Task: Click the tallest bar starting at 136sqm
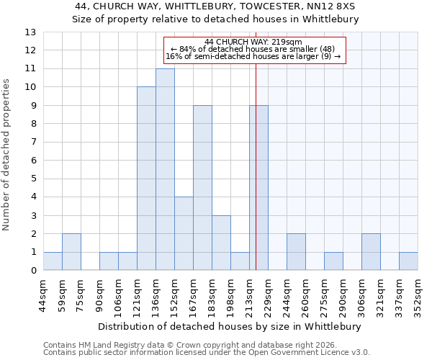165,170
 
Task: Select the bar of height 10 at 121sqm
146,179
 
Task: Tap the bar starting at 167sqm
202,188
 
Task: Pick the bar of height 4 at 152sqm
184,234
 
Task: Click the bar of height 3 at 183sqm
221,243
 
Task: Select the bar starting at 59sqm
71,252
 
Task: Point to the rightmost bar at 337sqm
408,261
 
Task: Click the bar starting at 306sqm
371,252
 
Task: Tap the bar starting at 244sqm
296,252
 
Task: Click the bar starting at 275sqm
333,261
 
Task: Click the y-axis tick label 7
32,143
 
